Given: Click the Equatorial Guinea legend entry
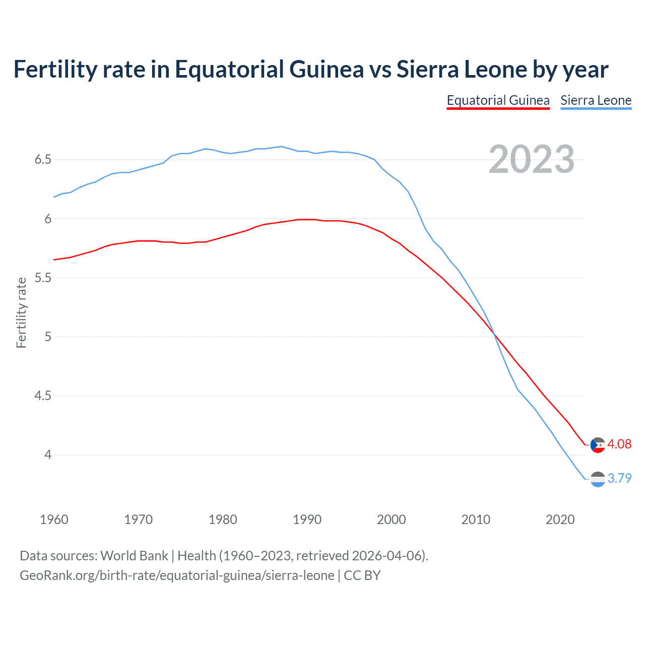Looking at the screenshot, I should (498, 100).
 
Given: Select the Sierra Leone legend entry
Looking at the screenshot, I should (596, 100).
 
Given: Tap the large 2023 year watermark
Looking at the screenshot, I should (531, 159).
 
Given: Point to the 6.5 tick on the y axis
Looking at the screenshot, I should (43, 160).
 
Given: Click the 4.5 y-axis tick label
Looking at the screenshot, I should (43, 396).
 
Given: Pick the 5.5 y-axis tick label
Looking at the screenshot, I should (43, 278).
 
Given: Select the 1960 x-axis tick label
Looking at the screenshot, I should (54, 520).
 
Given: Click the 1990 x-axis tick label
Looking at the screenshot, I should (307, 520).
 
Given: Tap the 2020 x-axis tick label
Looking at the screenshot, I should (560, 520).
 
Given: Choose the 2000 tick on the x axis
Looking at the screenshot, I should (391, 520).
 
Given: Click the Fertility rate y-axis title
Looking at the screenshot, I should (21, 312).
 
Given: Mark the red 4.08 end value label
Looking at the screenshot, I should (619, 444).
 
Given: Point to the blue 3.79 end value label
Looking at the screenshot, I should (619, 478).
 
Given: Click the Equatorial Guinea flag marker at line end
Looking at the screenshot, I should (598, 445).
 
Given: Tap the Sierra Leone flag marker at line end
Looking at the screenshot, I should (598, 479).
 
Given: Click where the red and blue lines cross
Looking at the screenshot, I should (494, 334).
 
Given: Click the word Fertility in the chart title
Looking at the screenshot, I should (54, 69).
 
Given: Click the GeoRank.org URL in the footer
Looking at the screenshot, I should (177, 575).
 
